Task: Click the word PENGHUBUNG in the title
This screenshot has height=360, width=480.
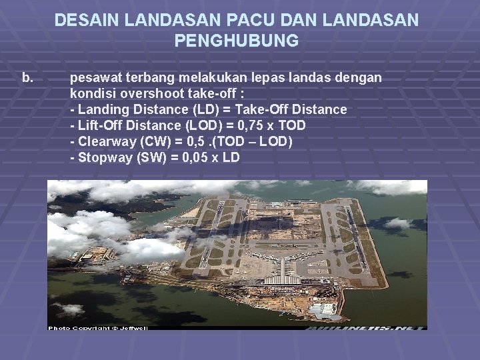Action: (x=237, y=41)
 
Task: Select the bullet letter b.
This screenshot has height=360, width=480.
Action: (x=27, y=78)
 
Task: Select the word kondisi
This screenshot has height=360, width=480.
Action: (x=93, y=93)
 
